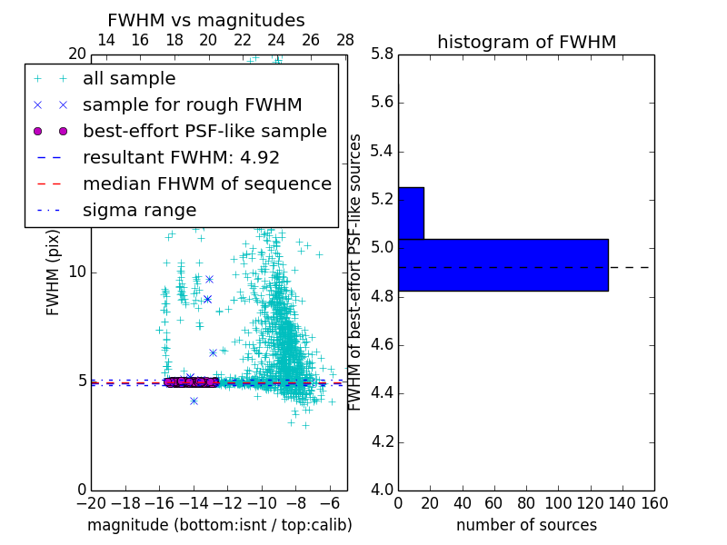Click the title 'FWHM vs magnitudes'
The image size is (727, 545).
click(205, 20)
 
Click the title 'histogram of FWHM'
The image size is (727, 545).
click(526, 42)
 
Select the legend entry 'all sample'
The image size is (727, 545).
click(129, 79)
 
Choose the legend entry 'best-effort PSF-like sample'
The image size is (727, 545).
click(204, 131)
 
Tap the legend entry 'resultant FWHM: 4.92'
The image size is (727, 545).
click(181, 157)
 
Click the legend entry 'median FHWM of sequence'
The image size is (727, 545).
click(206, 183)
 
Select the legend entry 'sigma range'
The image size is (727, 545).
click(139, 210)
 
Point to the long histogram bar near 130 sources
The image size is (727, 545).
click(503, 264)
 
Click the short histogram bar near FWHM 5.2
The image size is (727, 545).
click(411, 213)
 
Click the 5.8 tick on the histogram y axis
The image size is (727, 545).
click(381, 54)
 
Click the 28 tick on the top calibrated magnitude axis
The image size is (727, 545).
click(345, 40)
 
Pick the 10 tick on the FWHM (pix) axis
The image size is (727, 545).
click(77, 272)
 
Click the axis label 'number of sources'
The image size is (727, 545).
click(526, 525)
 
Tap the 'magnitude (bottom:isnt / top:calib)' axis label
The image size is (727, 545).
click(219, 525)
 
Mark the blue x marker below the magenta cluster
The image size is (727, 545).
click(194, 401)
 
